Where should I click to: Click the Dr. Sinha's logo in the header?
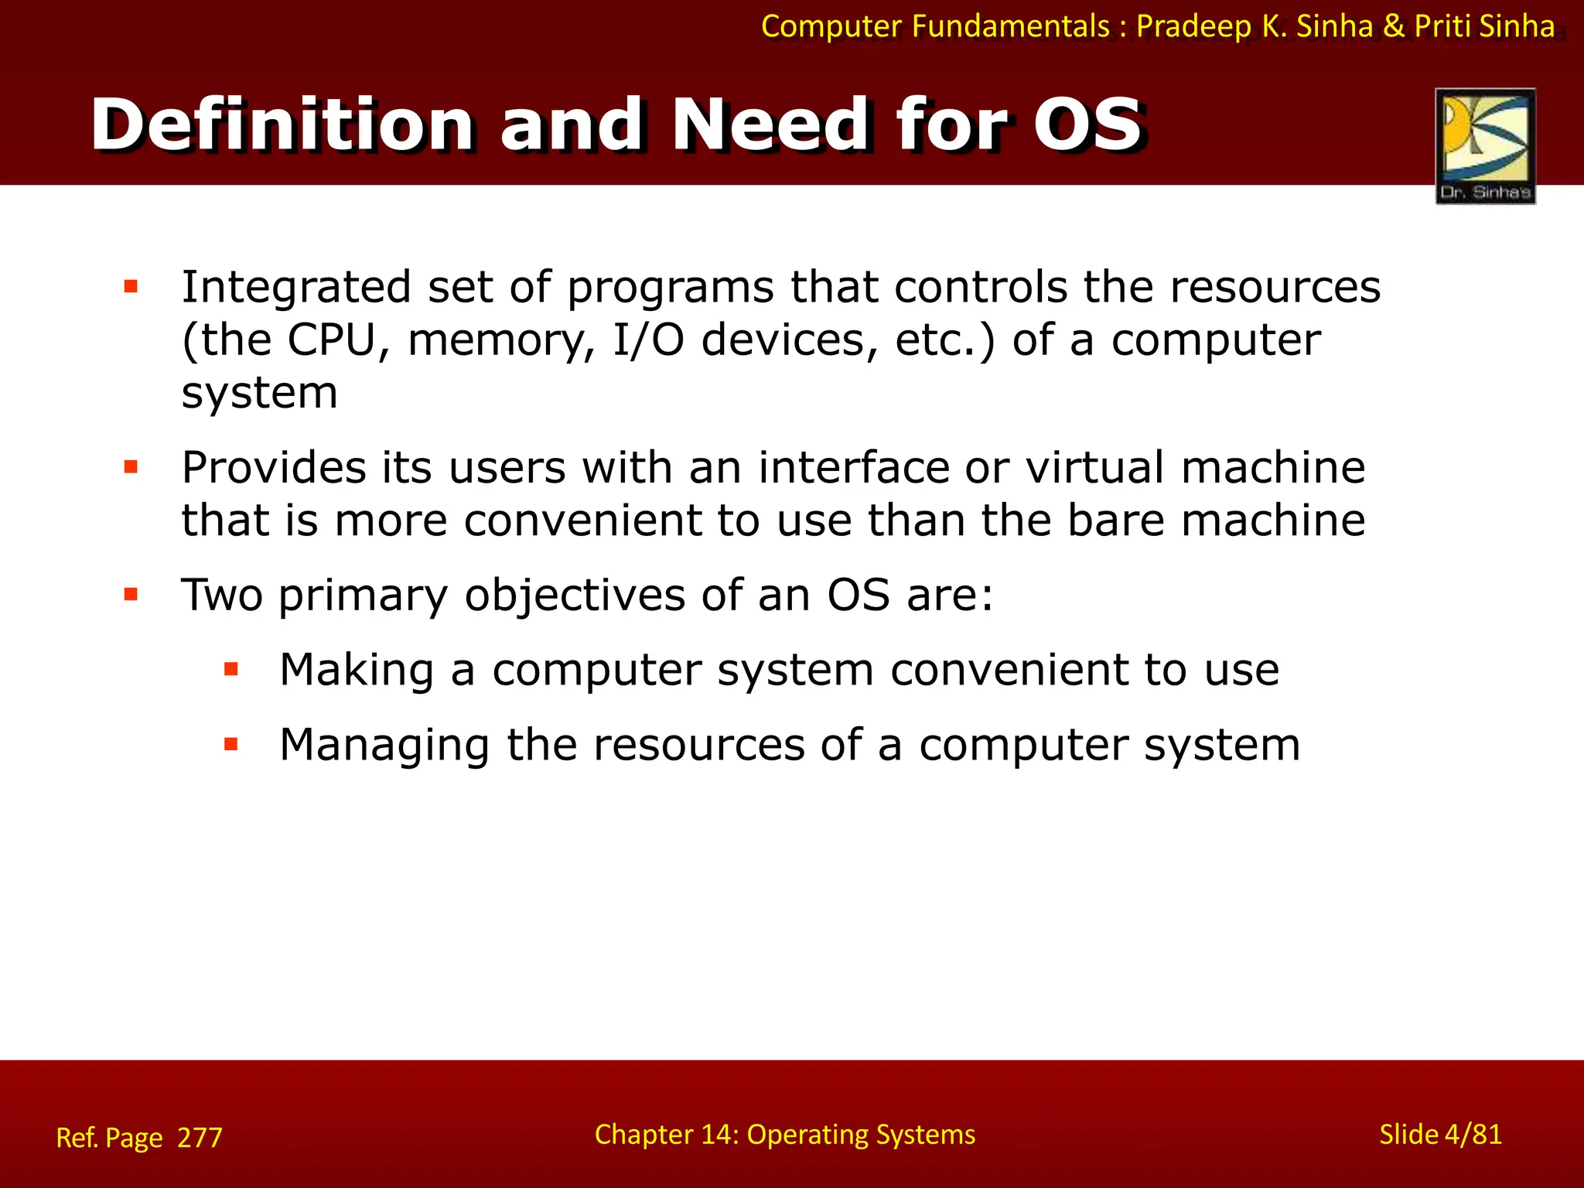(x=1485, y=145)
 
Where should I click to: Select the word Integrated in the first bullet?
(x=295, y=288)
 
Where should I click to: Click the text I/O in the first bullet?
(x=648, y=340)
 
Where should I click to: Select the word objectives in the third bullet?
(x=574, y=596)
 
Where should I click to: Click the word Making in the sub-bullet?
(x=356, y=670)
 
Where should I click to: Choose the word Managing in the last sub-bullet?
(x=384, y=746)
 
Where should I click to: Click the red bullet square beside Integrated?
(x=131, y=287)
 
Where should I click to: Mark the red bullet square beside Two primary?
(x=131, y=595)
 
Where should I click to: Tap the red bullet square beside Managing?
(x=230, y=744)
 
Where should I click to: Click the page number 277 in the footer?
(x=200, y=1138)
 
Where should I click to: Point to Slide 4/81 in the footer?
(x=1440, y=1135)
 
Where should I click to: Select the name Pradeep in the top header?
(x=1193, y=26)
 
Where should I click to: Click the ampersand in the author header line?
(x=1394, y=26)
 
